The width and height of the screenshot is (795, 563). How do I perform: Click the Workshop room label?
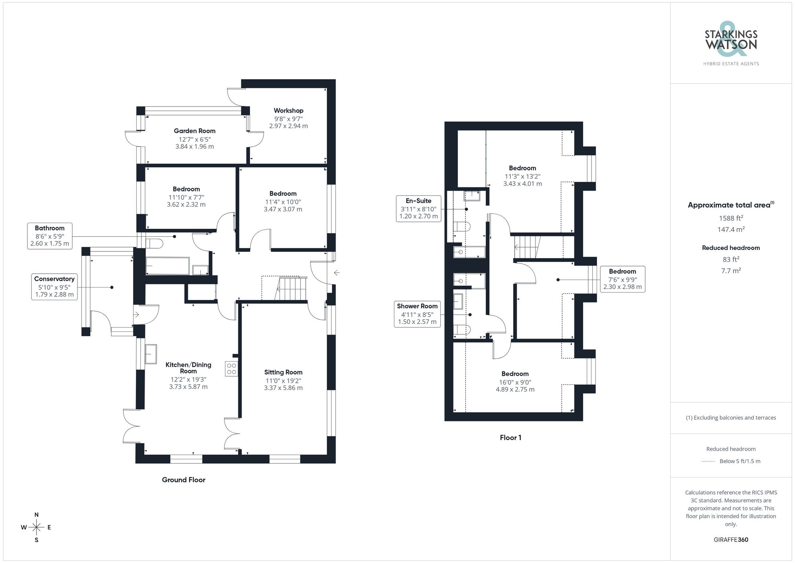[288, 111]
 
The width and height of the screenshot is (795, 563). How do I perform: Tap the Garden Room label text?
[194, 131]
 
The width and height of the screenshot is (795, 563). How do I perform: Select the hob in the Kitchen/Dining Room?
[231, 368]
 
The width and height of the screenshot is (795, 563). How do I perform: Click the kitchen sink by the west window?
[151, 354]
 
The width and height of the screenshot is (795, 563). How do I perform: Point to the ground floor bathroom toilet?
[154, 243]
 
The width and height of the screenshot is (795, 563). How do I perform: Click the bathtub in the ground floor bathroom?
[167, 266]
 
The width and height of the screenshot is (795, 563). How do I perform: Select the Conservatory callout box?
[54, 287]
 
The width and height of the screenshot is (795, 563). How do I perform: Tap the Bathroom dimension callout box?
[50, 236]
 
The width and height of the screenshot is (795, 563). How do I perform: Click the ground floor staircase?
[291, 289]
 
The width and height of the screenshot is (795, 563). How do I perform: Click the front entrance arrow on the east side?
[337, 273]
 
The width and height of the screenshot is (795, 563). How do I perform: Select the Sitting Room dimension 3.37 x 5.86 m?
[283, 388]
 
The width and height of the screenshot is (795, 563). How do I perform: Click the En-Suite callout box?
[418, 208]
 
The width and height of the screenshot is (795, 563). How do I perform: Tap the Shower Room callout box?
[417, 314]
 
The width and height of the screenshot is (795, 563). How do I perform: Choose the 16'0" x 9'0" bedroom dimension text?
[515, 382]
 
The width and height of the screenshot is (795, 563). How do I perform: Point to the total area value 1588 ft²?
[731, 218]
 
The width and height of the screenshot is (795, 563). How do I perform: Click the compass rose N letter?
[37, 515]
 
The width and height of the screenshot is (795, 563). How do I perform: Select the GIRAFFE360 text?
[731, 540]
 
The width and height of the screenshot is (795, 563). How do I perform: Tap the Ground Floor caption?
[183, 480]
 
